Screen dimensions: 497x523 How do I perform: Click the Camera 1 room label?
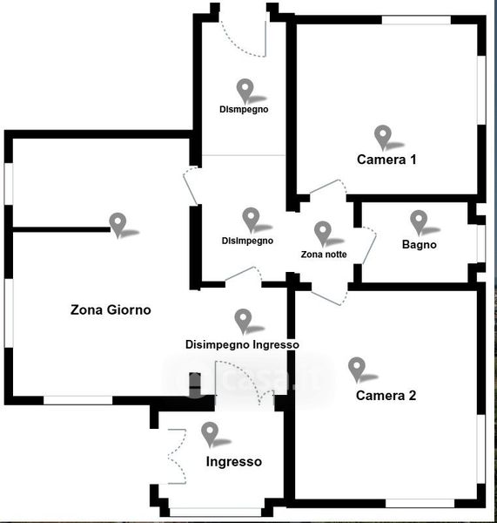click(x=386, y=160)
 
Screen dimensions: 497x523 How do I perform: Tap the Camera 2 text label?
click(x=386, y=396)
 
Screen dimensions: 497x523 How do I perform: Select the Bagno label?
click(x=419, y=244)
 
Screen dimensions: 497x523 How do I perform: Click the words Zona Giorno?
click(x=111, y=309)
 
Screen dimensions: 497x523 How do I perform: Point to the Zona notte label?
click(x=324, y=255)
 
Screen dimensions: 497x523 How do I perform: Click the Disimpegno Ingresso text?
click(x=242, y=344)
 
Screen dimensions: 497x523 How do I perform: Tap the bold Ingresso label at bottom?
click(x=234, y=462)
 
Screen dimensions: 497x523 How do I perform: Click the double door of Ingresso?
click(x=177, y=456)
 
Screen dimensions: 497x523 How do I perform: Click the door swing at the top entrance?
click(x=243, y=38)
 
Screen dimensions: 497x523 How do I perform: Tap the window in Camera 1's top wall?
click(x=416, y=20)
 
